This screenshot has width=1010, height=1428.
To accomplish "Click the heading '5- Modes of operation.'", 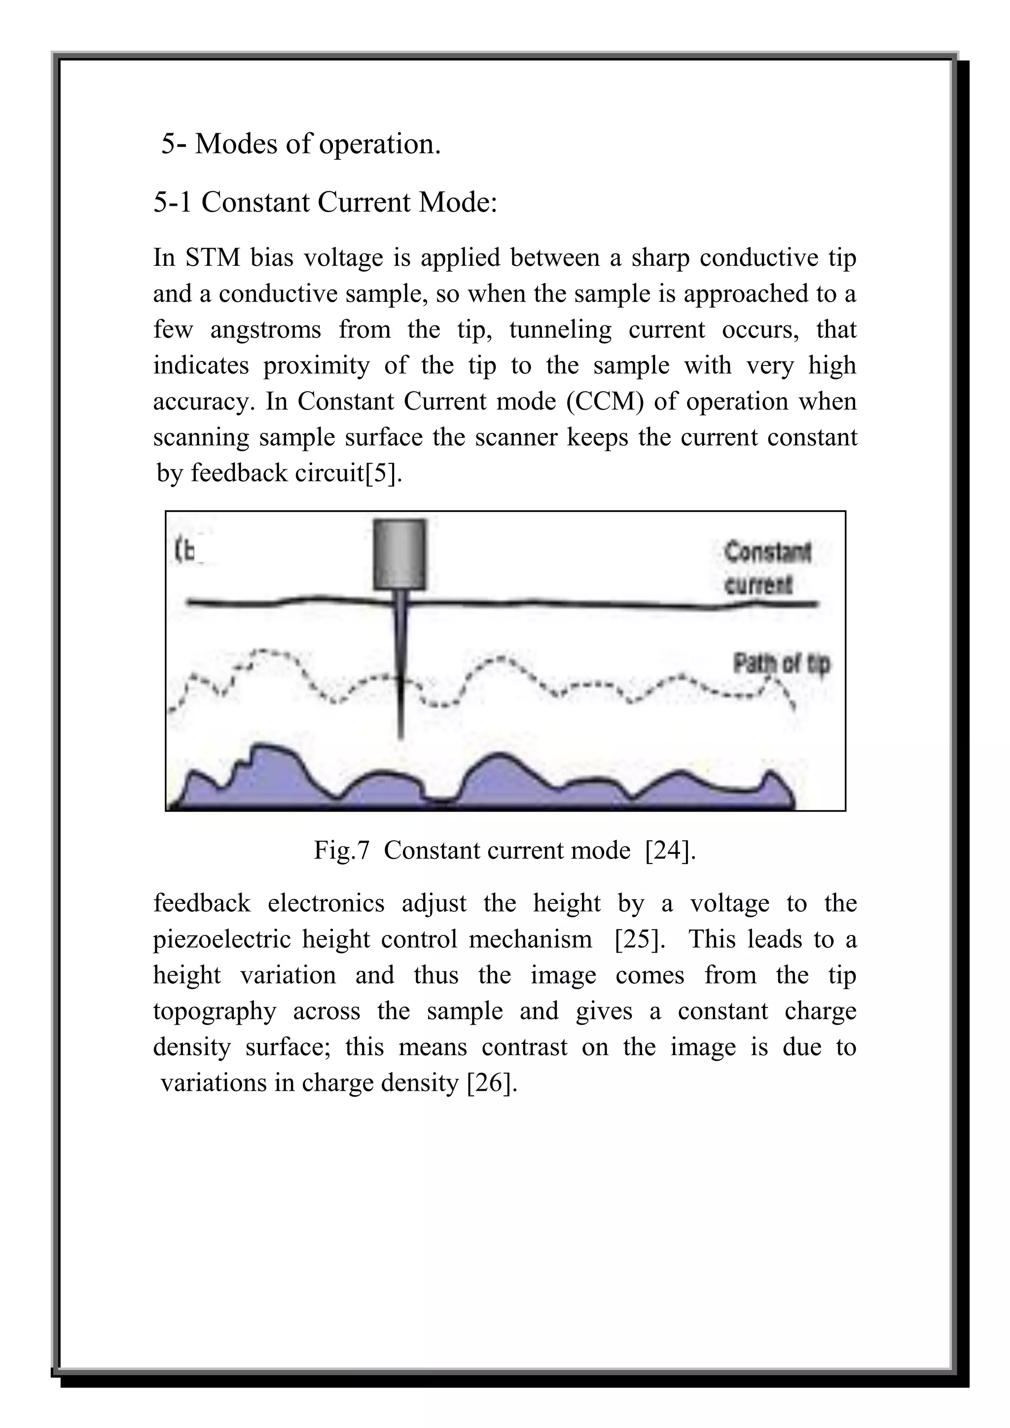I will pos(301,144).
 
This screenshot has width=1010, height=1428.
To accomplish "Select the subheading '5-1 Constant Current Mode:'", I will pos(325,203).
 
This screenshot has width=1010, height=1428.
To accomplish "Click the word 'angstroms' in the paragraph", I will pos(265,330).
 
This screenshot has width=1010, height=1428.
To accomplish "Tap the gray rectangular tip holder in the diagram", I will pos(400,554).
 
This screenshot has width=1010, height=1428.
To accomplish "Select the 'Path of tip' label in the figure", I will pos(781,664).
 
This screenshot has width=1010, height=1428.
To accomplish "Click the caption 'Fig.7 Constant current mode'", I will pos(472,850).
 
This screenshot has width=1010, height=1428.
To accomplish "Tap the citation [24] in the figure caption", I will pos(670,850).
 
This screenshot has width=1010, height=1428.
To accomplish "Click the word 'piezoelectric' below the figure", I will pos(222,939).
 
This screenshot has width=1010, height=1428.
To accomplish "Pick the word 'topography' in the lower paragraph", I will pos(215,1011).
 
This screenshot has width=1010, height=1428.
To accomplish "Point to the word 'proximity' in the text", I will pos(317,366).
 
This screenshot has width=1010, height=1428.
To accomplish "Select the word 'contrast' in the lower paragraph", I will pos(524,1047).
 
